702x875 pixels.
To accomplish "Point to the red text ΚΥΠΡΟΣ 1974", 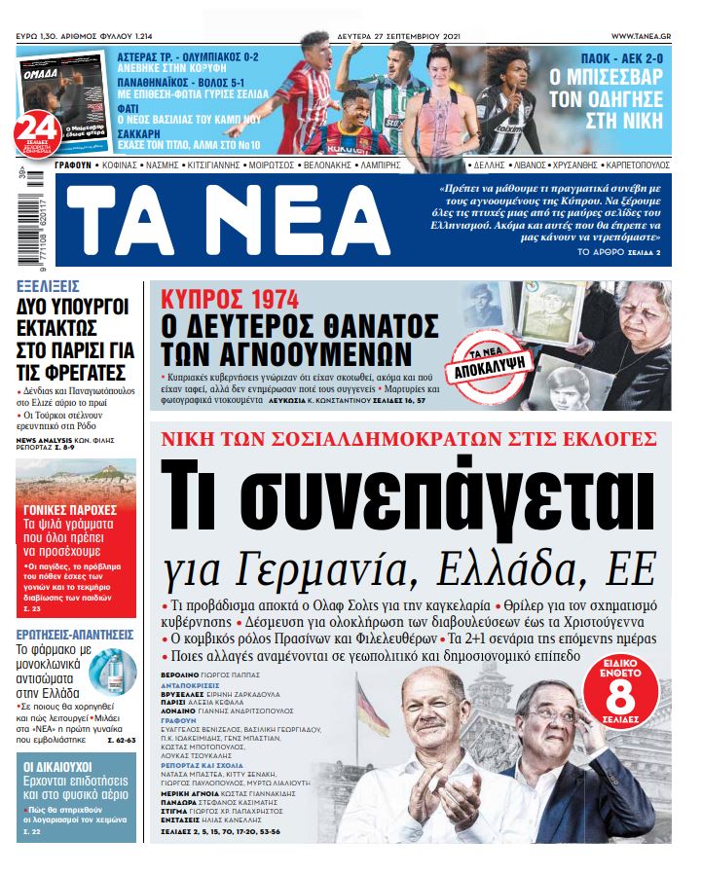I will [230, 300].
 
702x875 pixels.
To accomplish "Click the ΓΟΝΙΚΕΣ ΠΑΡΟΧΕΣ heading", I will [70, 510].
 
